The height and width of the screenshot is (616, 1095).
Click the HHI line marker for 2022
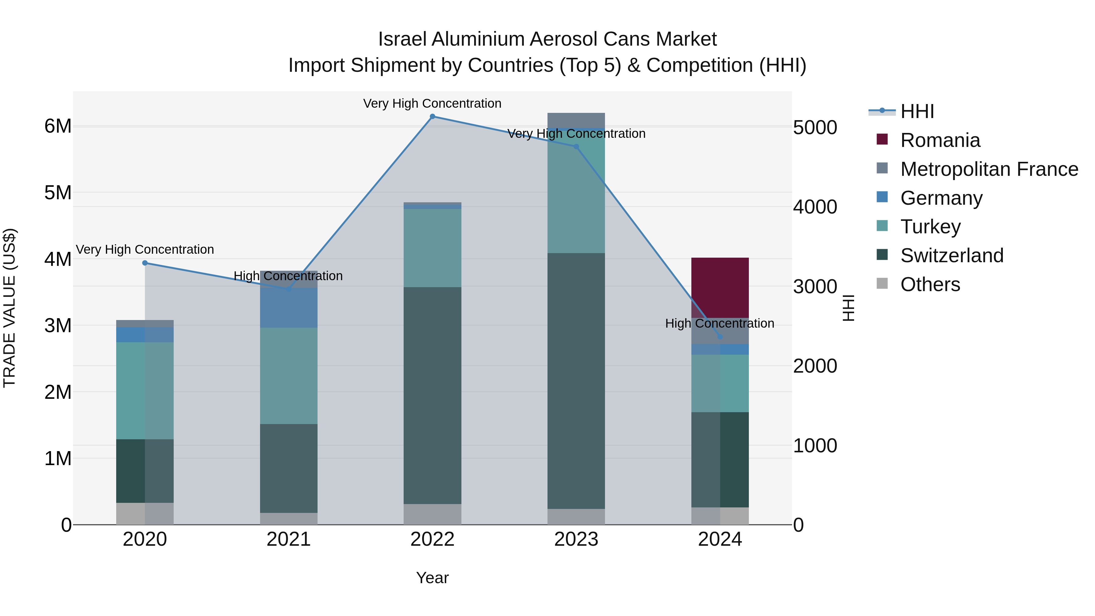432,117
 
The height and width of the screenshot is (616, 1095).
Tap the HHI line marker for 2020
145,263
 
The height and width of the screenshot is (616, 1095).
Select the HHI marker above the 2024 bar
720,337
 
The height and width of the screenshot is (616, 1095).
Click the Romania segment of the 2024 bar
720,288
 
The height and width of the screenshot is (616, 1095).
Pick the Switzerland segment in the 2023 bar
576,381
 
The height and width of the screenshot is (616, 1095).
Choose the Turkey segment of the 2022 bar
432,248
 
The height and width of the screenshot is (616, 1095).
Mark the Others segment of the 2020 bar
145,513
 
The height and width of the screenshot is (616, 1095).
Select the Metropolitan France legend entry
989,169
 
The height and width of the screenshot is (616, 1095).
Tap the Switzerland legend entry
952,256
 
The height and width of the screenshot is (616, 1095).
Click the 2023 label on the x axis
576,539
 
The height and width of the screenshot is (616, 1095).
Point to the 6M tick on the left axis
58,126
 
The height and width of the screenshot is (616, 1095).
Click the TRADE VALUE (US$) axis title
9,308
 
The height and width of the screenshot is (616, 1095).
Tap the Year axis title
432,578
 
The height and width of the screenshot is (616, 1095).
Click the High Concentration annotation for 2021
288,276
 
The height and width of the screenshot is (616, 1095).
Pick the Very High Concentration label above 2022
432,103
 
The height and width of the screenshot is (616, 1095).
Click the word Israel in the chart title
402,39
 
